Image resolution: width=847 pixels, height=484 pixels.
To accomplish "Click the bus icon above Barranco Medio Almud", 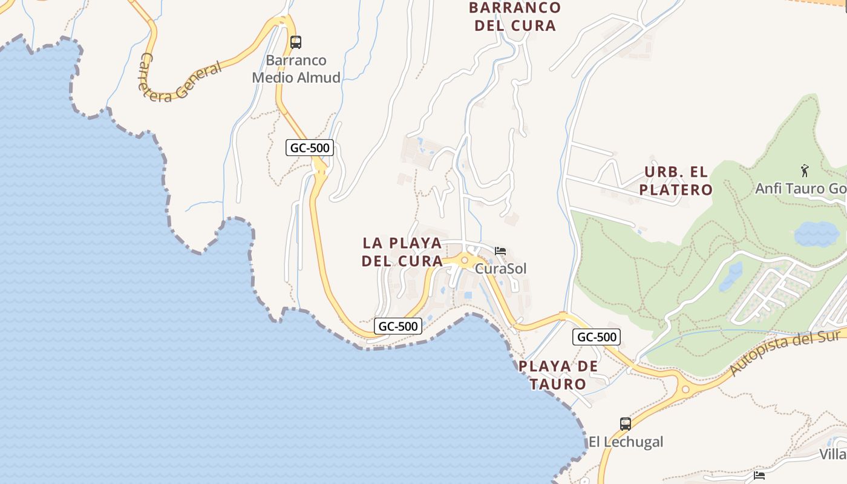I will (296, 42).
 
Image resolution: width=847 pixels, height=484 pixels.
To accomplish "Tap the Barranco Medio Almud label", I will (296, 69).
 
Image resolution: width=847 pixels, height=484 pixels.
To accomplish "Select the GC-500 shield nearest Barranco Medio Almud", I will (310, 148).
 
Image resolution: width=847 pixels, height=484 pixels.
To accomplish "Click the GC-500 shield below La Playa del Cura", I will (397, 326).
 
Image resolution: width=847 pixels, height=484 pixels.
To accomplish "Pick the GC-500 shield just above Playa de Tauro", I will (597, 338).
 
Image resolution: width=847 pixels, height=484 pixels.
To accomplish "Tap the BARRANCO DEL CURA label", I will (515, 17).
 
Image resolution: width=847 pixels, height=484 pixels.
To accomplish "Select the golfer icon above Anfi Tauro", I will (805, 170).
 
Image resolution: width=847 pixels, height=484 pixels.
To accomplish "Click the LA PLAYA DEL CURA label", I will (402, 252).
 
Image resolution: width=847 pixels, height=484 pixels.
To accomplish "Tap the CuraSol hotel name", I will (501, 268).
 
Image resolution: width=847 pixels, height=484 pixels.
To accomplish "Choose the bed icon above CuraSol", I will (500, 251).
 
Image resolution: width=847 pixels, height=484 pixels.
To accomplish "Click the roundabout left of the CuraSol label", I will (465, 261).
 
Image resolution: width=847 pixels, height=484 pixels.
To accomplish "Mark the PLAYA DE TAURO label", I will (558, 375).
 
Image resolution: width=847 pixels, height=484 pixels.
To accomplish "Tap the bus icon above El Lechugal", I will (626, 424).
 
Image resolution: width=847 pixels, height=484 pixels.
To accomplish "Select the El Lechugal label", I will (626, 442).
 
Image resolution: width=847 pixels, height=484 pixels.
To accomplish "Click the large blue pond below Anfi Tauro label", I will (817, 234).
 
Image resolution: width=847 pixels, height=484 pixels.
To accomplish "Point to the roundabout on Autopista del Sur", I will (685, 390).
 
